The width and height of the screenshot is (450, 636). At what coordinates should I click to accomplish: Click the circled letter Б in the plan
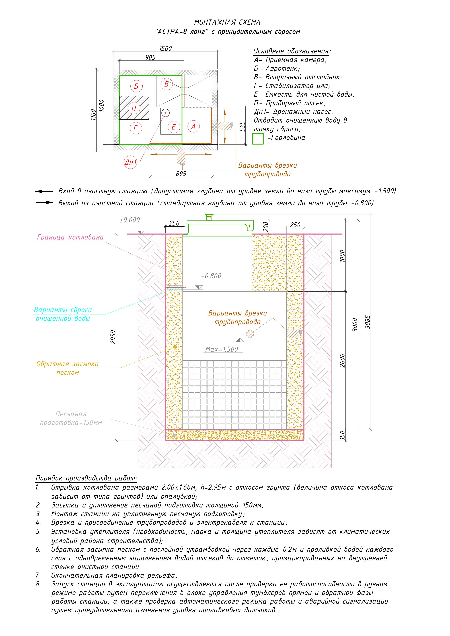[136, 86]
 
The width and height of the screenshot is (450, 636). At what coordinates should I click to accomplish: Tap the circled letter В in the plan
[166, 84]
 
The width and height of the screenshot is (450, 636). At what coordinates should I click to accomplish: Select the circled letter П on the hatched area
[134, 108]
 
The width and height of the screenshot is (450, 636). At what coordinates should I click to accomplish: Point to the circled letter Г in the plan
[136, 128]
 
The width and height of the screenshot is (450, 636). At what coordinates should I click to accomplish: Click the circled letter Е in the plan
[174, 127]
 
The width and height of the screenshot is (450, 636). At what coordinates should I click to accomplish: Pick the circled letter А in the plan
[194, 126]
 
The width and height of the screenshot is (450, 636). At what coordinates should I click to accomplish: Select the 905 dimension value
[150, 57]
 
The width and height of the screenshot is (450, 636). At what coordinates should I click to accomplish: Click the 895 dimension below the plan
[181, 174]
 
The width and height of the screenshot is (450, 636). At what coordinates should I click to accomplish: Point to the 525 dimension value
[242, 126]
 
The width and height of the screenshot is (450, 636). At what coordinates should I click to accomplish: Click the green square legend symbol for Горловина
[258, 139]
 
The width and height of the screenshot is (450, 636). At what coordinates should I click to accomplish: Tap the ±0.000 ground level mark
[130, 220]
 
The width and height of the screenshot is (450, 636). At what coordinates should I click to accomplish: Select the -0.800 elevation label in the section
[211, 276]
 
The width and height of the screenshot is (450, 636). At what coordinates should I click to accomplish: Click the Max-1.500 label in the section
[221, 349]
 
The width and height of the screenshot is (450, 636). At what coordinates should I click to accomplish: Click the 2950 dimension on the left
[113, 337]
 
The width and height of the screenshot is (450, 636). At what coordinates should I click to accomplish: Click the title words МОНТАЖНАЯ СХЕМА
[227, 22]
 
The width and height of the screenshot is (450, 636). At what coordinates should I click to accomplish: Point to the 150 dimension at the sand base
[342, 434]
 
